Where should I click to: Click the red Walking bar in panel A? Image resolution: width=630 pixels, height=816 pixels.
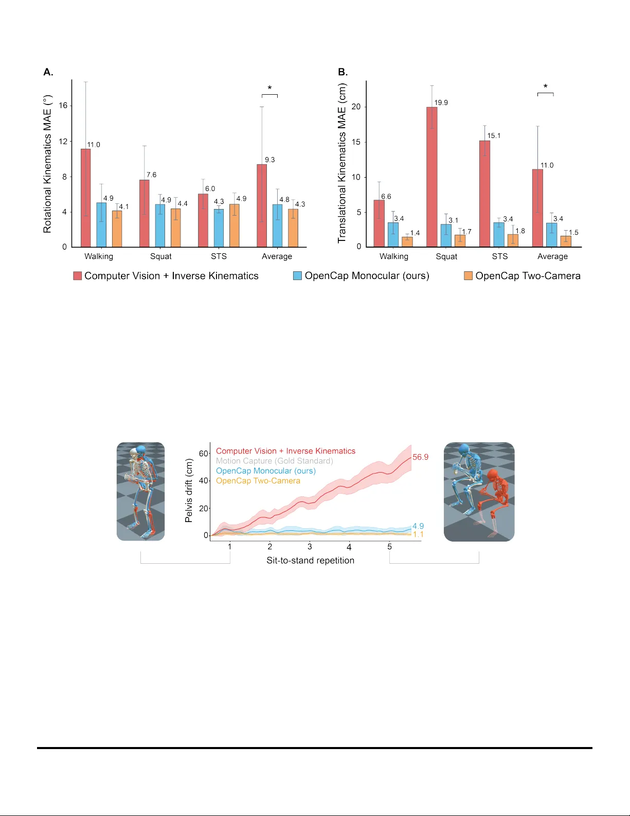[x=85, y=198]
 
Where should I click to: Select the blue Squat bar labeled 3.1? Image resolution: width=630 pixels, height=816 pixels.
[x=446, y=235]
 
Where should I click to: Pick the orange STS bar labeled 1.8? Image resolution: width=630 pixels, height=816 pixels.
[x=513, y=240]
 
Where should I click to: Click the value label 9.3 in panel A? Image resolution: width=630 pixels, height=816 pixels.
[x=270, y=160]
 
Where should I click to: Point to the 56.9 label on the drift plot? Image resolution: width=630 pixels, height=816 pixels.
[x=420, y=457]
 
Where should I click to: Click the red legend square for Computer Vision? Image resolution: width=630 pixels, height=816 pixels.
[x=78, y=276]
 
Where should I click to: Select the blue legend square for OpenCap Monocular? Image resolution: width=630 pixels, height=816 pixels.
[x=297, y=276]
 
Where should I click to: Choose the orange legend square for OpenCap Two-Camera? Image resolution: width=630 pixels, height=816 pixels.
[x=469, y=276]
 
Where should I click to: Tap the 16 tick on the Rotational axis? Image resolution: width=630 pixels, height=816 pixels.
[x=63, y=106]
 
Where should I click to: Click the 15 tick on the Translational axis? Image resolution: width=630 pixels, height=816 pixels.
[x=356, y=142]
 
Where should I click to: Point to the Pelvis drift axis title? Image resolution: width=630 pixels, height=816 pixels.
[x=189, y=491]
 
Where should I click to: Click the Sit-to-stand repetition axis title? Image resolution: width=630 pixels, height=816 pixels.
[x=310, y=561]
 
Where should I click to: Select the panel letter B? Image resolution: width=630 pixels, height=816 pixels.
[x=343, y=72]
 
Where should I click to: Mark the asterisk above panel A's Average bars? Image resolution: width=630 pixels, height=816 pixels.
[x=269, y=89]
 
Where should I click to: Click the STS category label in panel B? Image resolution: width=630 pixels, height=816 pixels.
[x=499, y=256]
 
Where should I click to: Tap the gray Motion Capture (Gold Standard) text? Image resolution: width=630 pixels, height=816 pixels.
[x=274, y=461]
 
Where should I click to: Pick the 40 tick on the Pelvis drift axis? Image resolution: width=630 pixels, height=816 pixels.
[x=204, y=481]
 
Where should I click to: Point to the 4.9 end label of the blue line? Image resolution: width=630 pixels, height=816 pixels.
[x=418, y=526]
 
